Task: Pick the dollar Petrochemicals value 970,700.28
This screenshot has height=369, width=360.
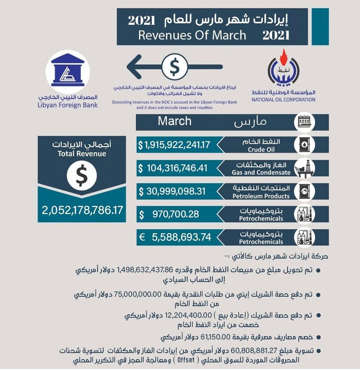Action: pos(175,214)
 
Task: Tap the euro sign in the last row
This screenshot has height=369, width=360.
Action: pos(141,237)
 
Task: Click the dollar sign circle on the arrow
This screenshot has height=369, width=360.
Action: pos(173,67)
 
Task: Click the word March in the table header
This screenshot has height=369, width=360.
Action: pos(174,121)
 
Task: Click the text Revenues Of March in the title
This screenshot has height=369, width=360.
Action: pos(192,35)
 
